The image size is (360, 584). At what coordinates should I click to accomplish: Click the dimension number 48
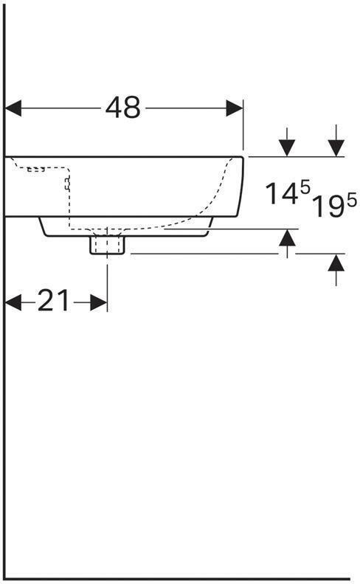(x=122, y=108)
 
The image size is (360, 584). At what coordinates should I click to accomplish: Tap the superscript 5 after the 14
(x=304, y=189)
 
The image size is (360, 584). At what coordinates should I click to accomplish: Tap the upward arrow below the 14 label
(x=288, y=239)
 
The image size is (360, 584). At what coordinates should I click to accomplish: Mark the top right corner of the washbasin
(x=243, y=157)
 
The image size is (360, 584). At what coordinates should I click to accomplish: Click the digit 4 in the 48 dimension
(x=114, y=108)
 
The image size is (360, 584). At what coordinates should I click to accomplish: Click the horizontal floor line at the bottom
(x=177, y=578)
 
